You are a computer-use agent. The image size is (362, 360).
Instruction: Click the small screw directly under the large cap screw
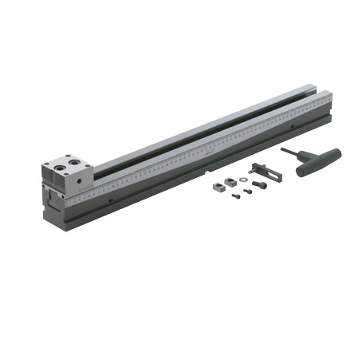[x=248, y=191]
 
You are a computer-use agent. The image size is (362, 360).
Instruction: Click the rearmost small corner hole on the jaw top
[x=67, y=158]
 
